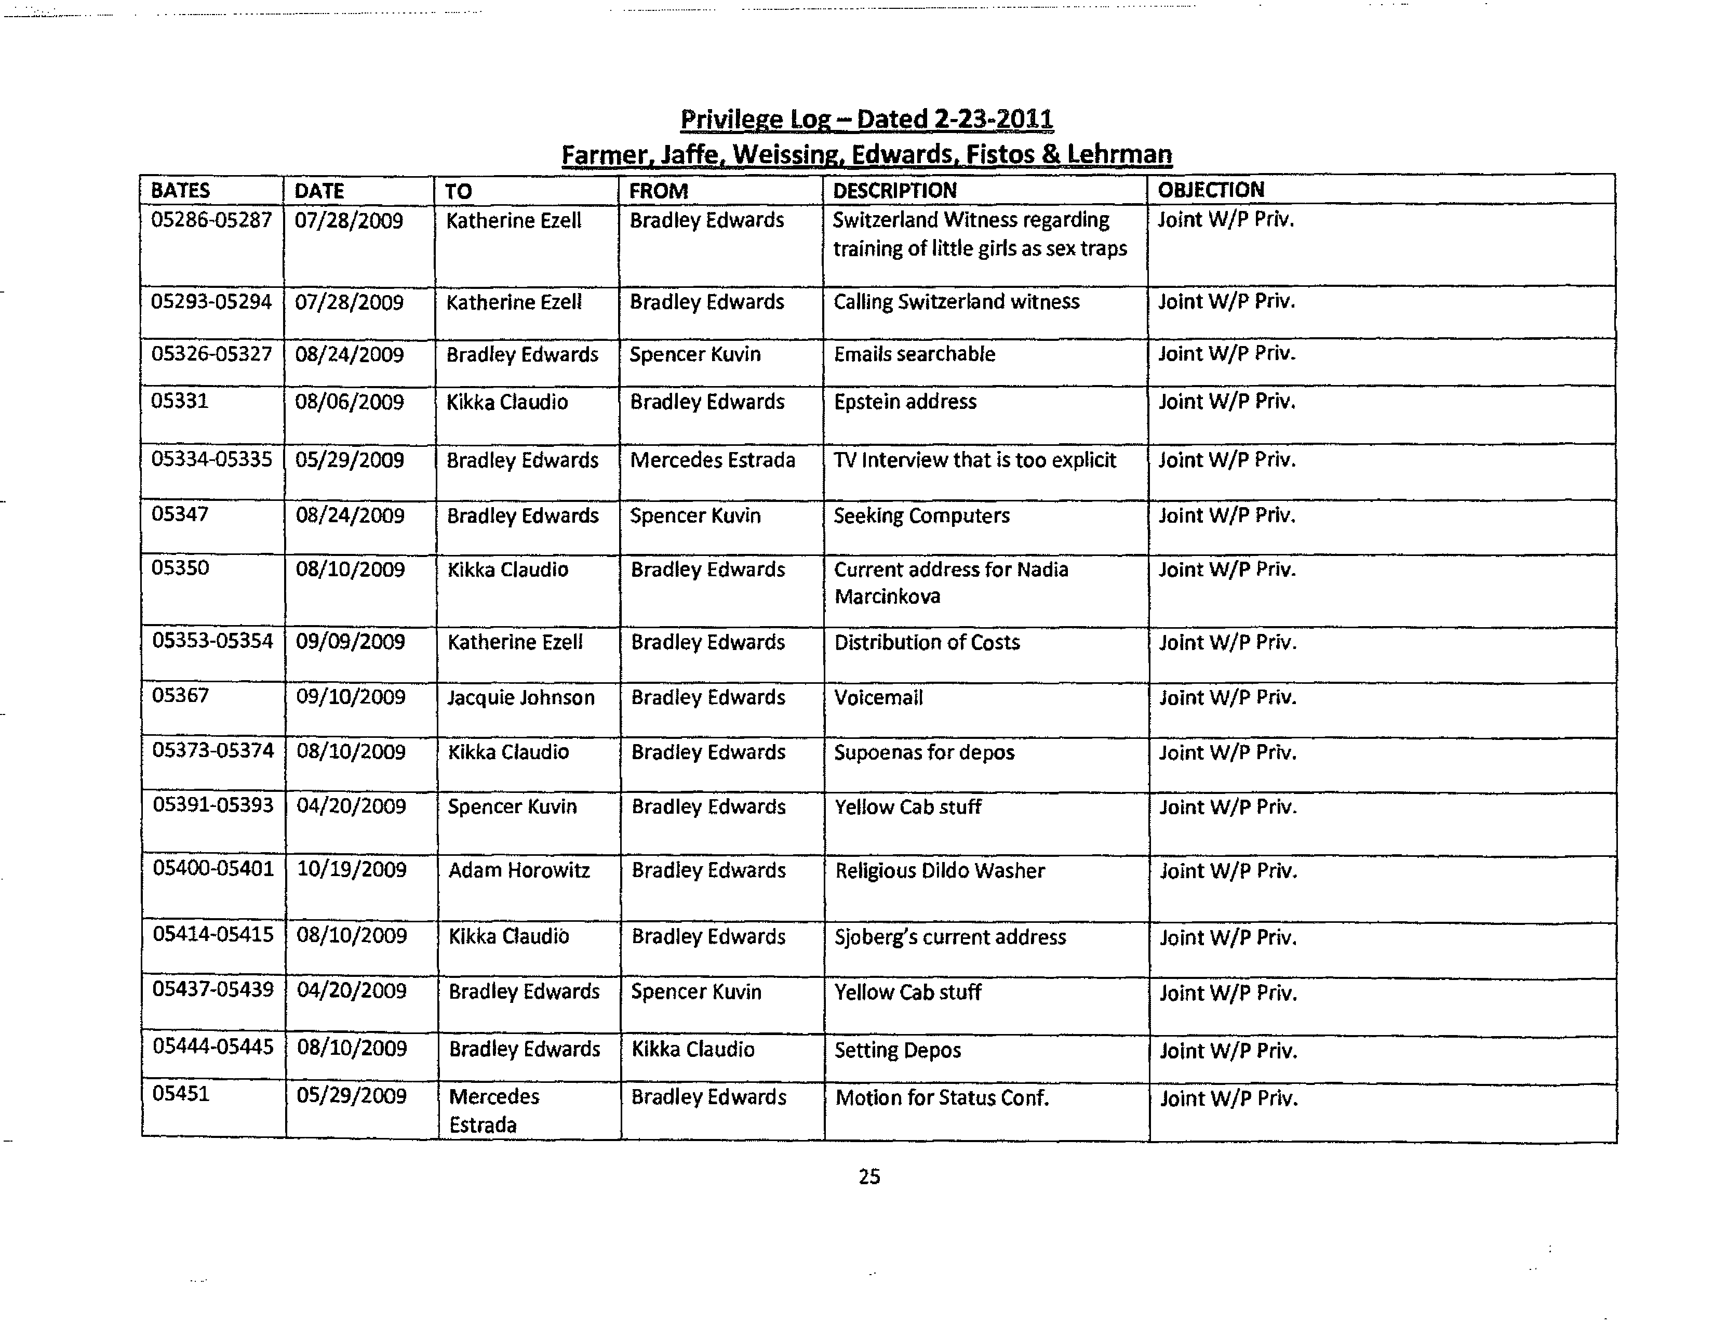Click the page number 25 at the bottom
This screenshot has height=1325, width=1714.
pyautogui.click(x=869, y=1176)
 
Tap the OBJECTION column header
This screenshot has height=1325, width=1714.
pyautogui.click(x=1210, y=190)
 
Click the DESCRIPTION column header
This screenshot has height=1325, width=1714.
pyautogui.click(x=894, y=191)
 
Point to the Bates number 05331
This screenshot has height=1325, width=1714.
pyautogui.click(x=180, y=401)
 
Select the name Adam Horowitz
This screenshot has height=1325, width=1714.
pyautogui.click(x=519, y=870)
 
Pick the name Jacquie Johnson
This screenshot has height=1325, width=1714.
pyautogui.click(x=520, y=697)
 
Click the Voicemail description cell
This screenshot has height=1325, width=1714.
pyautogui.click(x=878, y=697)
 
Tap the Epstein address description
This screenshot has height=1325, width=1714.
pyautogui.click(x=905, y=402)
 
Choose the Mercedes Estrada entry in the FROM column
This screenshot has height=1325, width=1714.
pyautogui.click(x=712, y=460)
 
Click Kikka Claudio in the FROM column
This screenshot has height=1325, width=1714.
pyautogui.click(x=692, y=1050)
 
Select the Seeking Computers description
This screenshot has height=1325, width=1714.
pyautogui.click(x=921, y=516)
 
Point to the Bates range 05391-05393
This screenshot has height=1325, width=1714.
pyautogui.click(x=212, y=805)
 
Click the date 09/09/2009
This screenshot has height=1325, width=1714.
pyautogui.click(x=350, y=642)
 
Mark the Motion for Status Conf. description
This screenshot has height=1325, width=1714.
pyautogui.click(x=942, y=1097)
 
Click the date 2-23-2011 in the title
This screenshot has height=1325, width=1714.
pyautogui.click(x=994, y=120)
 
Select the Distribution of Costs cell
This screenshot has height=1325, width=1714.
pyautogui.click(x=927, y=642)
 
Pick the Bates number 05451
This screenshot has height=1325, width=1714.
pyautogui.click(x=181, y=1093)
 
